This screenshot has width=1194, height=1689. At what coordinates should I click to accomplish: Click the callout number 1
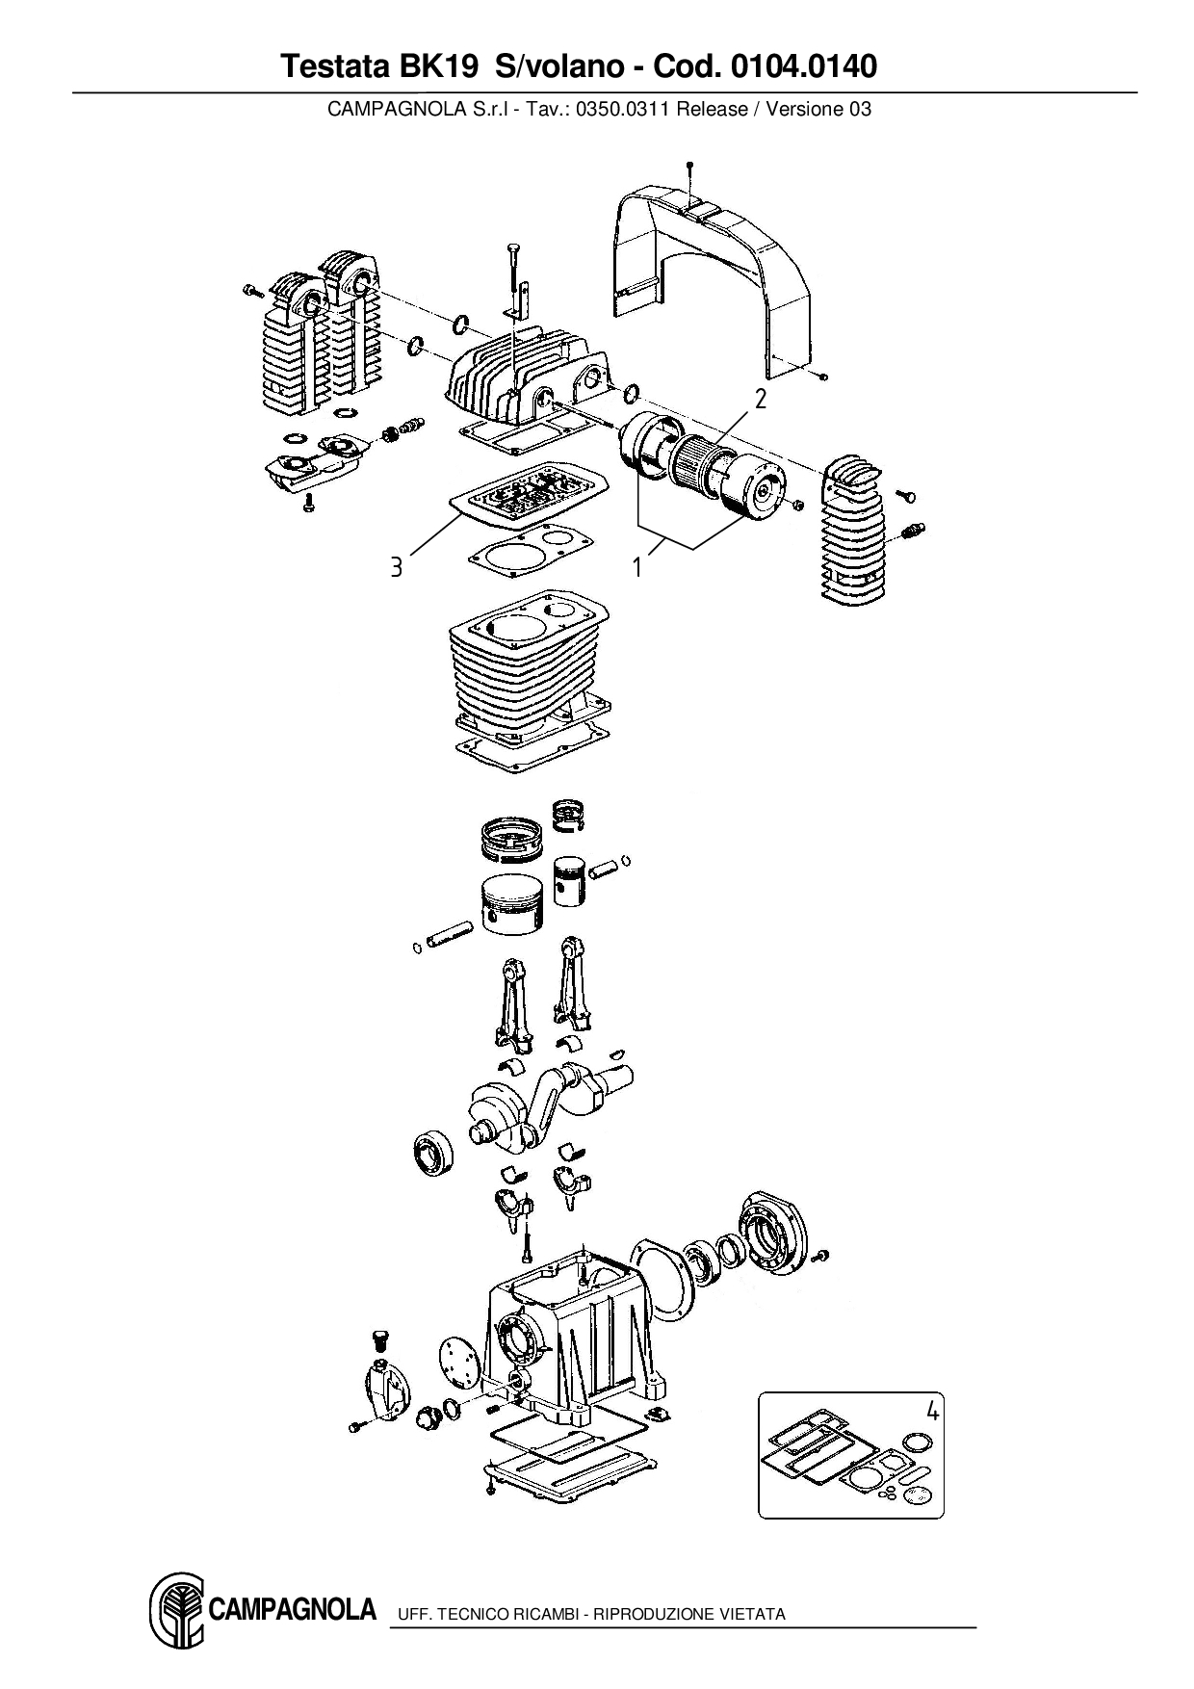(x=636, y=568)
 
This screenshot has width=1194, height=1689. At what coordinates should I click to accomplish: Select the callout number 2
(x=761, y=399)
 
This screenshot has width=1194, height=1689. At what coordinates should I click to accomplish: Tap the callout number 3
(x=396, y=567)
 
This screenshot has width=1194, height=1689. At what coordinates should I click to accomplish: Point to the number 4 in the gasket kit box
(x=931, y=1412)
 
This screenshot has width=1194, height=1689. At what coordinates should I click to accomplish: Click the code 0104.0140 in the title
(x=804, y=66)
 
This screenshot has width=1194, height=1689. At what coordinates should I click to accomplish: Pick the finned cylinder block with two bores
(x=528, y=674)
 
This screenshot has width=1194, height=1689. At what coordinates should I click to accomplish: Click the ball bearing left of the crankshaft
(x=429, y=1155)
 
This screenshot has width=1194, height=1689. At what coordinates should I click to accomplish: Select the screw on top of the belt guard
(x=690, y=171)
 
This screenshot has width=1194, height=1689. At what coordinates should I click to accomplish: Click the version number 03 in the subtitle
(x=860, y=109)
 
